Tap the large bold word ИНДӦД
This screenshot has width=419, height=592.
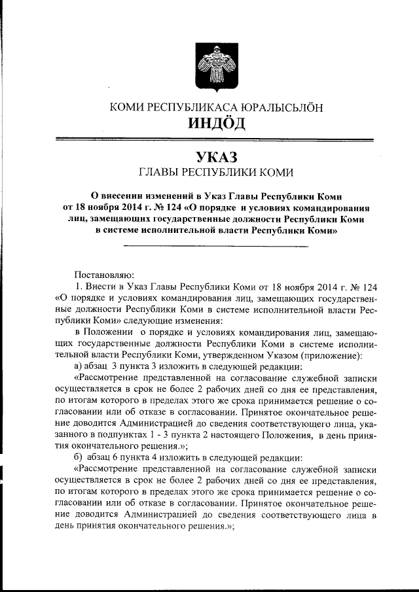[216, 123]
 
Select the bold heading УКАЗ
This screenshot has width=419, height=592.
[216, 157]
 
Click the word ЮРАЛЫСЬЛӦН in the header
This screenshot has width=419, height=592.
[281, 107]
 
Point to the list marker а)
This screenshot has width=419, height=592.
[79, 365]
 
